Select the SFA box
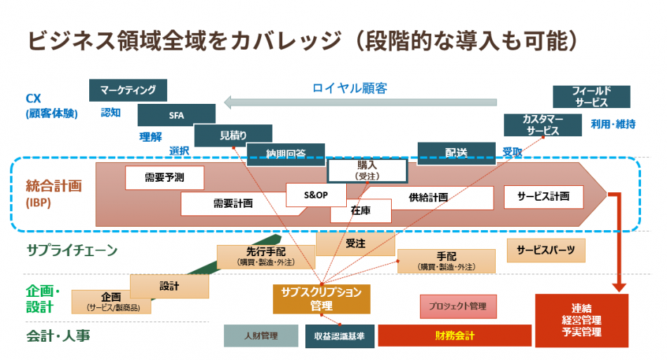coord(176,115)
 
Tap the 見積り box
coord(232,135)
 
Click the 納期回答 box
coord(286,152)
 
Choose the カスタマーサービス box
coord(541,125)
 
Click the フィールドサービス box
coord(591,97)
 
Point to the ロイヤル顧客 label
coord(350,88)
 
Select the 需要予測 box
coord(164,178)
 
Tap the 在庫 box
coord(360,210)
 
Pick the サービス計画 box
coord(543,197)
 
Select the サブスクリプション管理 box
coord(321,299)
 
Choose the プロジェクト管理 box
coord(458,306)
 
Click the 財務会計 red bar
coord(454,335)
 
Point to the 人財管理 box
coord(261,336)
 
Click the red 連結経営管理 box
coord(581,320)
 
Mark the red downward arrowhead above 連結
coord(619,286)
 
